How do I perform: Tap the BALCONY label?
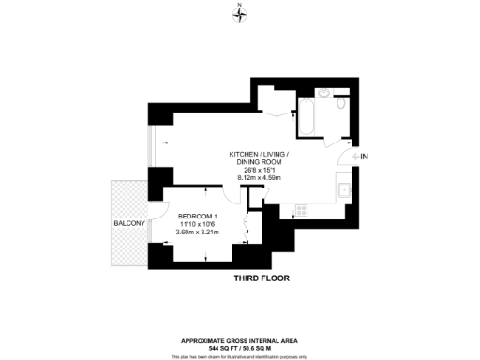tap(127, 223)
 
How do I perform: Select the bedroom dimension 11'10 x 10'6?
tap(197, 223)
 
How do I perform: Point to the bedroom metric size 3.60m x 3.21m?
tap(197, 232)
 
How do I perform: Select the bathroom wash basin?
tap(323, 94)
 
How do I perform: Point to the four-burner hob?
tap(302, 208)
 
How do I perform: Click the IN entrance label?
tap(366, 156)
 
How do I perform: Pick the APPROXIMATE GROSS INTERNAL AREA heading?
tap(240, 340)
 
